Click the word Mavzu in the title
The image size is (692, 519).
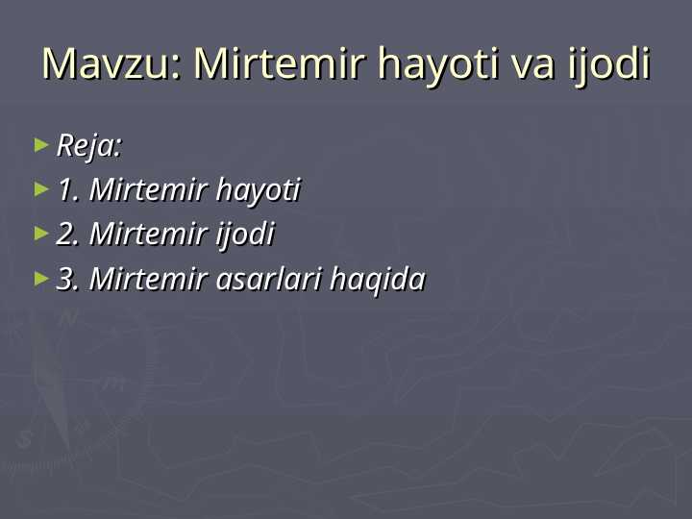[x=107, y=64]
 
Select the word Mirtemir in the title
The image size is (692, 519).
[x=280, y=64]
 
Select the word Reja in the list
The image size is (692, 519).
[x=87, y=147]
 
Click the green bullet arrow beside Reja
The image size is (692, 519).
[x=40, y=145]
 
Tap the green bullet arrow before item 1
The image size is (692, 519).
[x=40, y=189]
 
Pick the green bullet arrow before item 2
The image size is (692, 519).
[x=40, y=234]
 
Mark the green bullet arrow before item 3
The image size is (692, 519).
[x=40, y=279]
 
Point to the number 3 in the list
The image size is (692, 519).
[x=66, y=280]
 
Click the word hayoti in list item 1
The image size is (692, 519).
[x=258, y=190]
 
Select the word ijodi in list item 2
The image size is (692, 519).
[x=245, y=235]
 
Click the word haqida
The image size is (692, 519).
[x=377, y=280]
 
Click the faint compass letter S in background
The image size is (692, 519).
[x=25, y=439]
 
